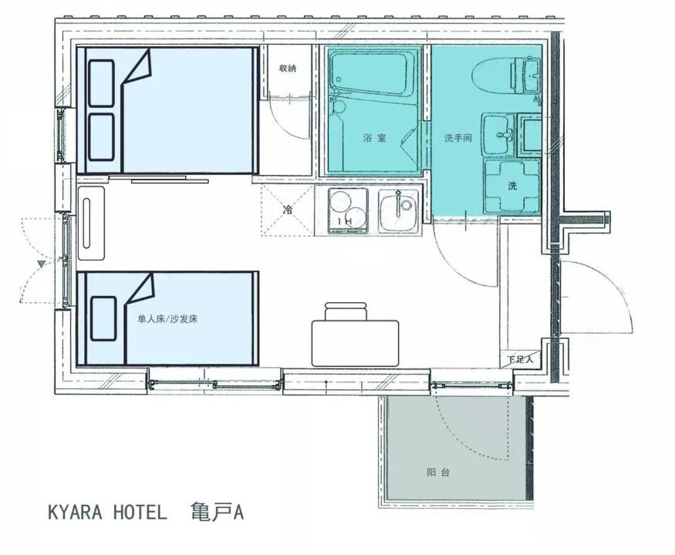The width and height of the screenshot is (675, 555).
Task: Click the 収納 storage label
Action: coord(288,68)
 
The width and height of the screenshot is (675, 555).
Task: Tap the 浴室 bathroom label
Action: coord(374,138)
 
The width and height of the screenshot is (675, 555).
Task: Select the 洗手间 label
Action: coord(458,138)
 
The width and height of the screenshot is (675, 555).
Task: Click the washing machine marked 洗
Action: coord(512,186)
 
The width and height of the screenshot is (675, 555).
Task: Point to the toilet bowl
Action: coord(491,77)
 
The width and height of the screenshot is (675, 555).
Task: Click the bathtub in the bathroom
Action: coord(369,71)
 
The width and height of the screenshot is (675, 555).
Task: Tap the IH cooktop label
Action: coord(345,221)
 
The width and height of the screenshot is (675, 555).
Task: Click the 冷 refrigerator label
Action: coord(287,210)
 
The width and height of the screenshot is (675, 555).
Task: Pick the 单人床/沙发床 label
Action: coord(167,319)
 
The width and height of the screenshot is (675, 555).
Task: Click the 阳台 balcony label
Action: coord(438,473)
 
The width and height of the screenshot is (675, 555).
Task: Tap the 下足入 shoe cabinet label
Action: coord(520,358)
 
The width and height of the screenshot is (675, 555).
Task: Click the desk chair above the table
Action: coord(346,311)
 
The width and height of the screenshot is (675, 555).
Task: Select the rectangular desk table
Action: coord(355,343)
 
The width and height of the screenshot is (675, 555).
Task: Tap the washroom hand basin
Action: coord(498,134)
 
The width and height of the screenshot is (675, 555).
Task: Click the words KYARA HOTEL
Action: coord(107,513)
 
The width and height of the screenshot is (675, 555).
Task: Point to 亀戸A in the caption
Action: coord(218,512)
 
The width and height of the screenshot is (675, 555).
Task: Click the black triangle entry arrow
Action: coord(42,264)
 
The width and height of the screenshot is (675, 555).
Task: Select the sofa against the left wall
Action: coord(91,223)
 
